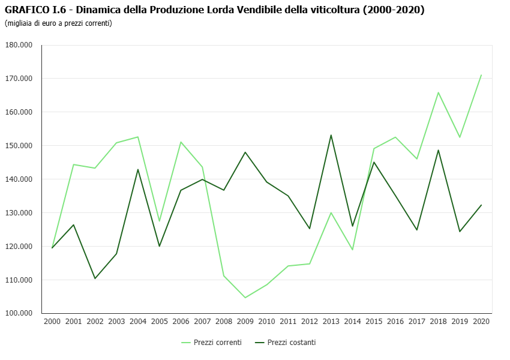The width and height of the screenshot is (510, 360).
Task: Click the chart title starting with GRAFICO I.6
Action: pos(214,10)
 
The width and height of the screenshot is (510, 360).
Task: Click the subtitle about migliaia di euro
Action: pos(58,23)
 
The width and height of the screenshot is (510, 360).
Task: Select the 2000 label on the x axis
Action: pos(52,322)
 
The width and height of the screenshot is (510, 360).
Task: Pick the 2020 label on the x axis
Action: pos(481,322)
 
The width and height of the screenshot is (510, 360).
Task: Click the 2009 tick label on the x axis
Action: pos(245,322)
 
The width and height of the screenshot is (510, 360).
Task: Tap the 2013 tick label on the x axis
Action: pos(331,322)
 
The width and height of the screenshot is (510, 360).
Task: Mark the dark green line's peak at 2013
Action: pos(331,135)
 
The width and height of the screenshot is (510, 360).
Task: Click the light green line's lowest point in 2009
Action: pos(245,298)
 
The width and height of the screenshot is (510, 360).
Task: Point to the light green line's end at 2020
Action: pos(481,75)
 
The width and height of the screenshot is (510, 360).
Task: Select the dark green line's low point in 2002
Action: pos(95,278)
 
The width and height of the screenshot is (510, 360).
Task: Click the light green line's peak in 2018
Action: pos(439,92)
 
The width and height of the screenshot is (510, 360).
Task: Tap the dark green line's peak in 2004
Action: pos(138,169)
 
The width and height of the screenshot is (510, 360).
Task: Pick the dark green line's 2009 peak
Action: pos(245,152)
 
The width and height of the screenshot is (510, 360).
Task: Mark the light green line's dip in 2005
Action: pos(160,221)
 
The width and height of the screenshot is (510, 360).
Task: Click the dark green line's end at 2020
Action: pos(481,205)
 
